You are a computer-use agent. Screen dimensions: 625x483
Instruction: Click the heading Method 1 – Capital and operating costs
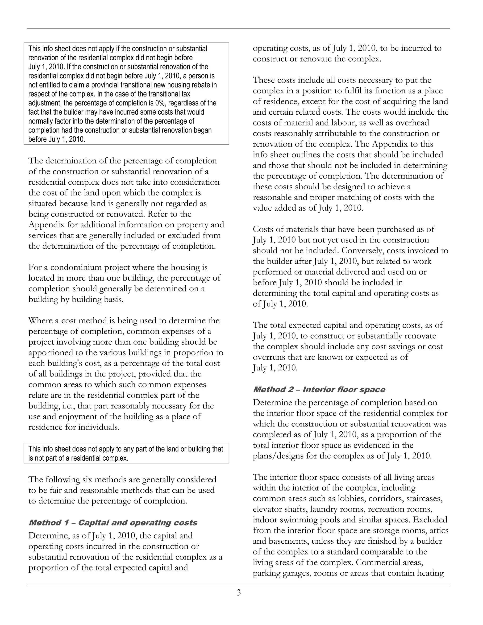(x=113, y=523)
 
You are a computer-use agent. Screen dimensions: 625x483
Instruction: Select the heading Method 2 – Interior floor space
(x=319, y=389)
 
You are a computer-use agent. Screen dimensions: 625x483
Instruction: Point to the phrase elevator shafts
(x=280, y=509)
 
